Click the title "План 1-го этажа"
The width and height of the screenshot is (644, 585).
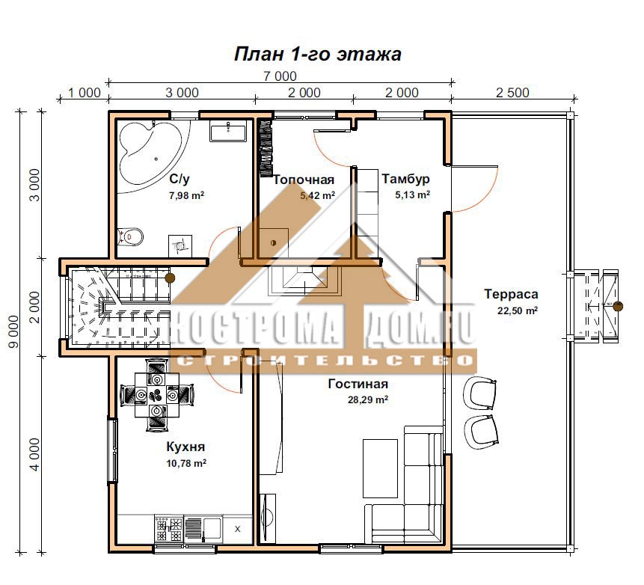(x=317, y=54)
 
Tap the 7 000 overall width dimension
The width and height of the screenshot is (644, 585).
(x=280, y=76)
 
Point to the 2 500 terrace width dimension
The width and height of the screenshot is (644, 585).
(x=512, y=93)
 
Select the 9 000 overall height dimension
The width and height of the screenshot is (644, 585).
(x=14, y=332)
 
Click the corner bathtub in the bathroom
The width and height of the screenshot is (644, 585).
(x=149, y=150)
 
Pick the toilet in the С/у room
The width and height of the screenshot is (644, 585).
(x=130, y=236)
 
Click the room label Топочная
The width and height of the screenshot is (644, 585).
(x=304, y=180)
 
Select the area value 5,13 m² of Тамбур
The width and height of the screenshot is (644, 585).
(x=412, y=195)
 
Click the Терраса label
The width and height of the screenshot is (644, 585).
(x=511, y=294)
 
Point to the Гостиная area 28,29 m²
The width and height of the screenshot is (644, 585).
(x=368, y=399)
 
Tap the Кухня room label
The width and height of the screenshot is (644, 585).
(x=185, y=447)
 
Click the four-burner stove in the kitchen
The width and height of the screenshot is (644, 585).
(x=169, y=530)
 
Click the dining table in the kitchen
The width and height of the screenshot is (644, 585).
(x=157, y=395)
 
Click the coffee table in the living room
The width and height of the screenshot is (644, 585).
(x=380, y=468)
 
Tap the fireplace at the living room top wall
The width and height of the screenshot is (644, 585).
(x=304, y=281)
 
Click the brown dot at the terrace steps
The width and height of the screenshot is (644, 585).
(x=618, y=306)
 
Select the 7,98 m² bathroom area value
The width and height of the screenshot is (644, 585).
(x=186, y=195)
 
